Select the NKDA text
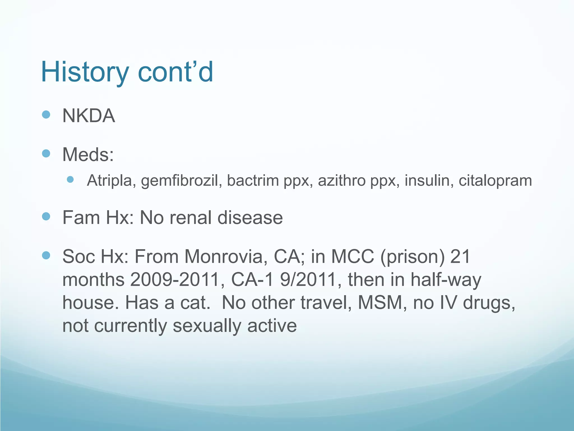pos(89,116)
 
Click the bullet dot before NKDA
pos(46,114)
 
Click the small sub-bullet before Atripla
pos(70,180)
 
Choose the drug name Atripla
pos(109,180)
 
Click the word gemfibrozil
pos(180,180)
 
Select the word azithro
pos(342,180)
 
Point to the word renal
pos(190,218)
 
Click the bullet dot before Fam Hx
pos(46,216)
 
